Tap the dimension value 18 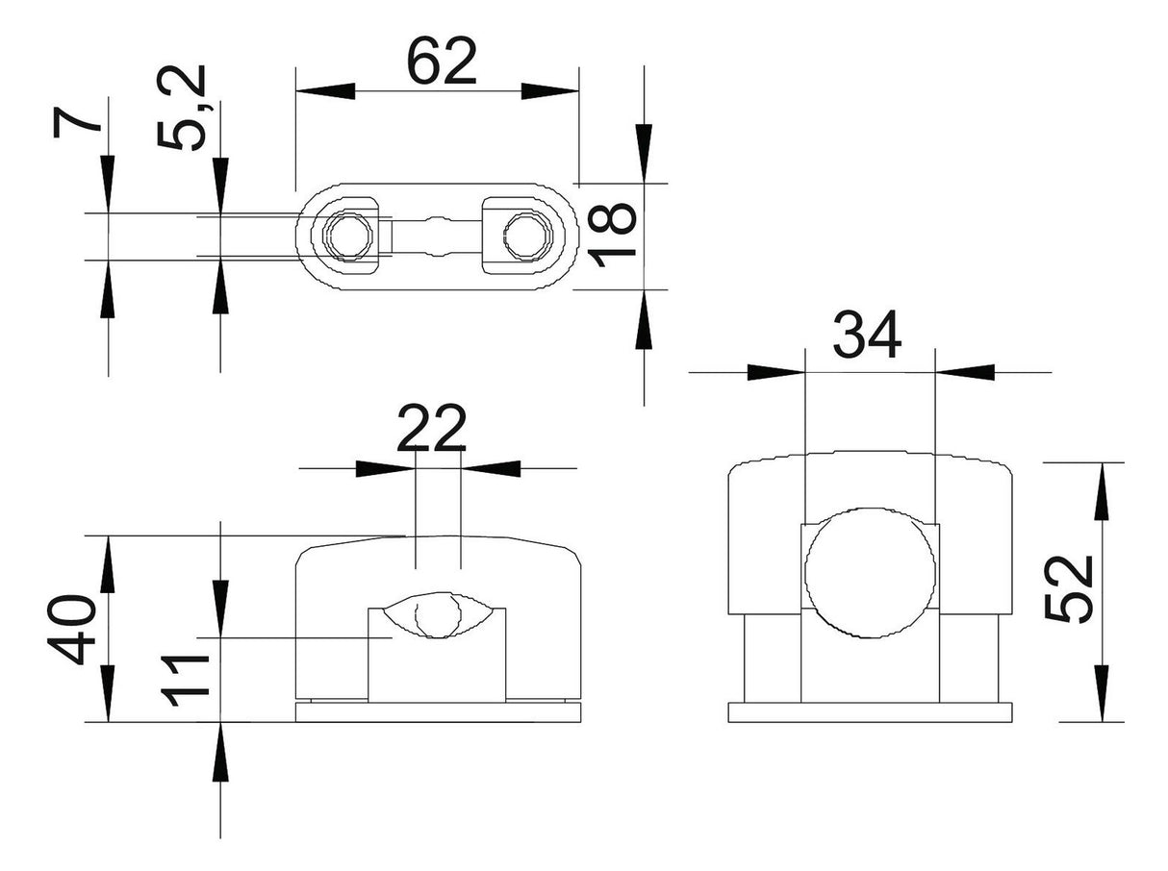(x=613, y=235)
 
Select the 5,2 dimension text (x=181, y=107)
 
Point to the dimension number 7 (x=78, y=122)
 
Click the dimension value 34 (x=867, y=336)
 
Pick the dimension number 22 (x=432, y=428)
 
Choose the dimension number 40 (x=71, y=630)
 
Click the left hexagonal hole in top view (x=349, y=235)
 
